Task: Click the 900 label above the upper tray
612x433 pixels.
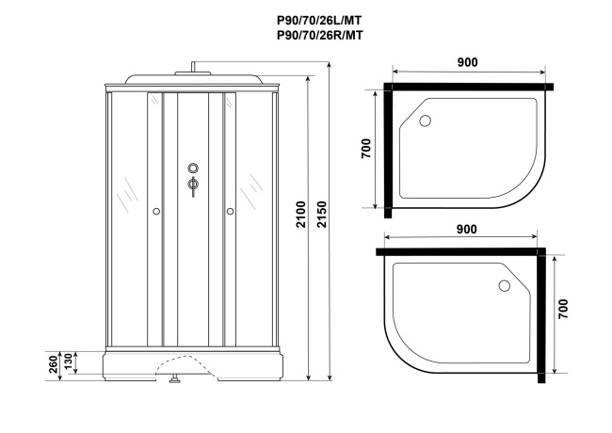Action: click(466, 62)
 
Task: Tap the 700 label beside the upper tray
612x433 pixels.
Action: click(365, 150)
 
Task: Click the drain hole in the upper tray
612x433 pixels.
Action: click(425, 120)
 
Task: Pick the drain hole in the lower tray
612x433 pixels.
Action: click(503, 285)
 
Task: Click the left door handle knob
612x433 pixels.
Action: click(156, 212)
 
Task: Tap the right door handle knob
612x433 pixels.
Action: click(229, 212)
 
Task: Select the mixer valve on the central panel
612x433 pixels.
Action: click(193, 184)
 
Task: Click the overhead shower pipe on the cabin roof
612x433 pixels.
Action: click(193, 67)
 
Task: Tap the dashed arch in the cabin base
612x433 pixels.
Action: click(181, 361)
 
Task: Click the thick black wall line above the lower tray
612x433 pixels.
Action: click(461, 250)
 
